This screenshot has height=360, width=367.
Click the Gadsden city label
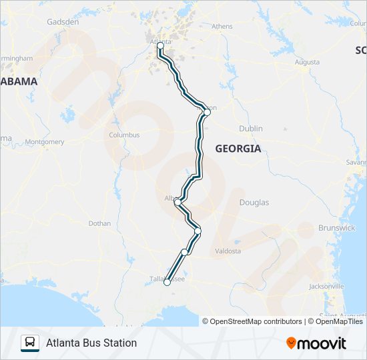tap(63, 21)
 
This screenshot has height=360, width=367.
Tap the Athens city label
tap(222, 27)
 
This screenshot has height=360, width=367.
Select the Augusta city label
tap(307, 62)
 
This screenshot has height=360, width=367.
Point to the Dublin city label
tap(251, 129)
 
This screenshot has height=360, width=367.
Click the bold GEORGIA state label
tap(238, 149)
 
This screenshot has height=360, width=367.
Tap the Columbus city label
tap(124, 135)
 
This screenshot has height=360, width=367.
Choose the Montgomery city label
tap(45, 142)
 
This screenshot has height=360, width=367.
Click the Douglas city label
tap(254, 202)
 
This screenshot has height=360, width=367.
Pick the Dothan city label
tap(99, 223)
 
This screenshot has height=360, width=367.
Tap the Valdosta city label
tap(228, 251)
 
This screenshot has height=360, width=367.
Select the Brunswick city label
tap(337, 227)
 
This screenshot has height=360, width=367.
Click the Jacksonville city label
tap(326, 287)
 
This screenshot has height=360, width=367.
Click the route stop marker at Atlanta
tap(160, 45)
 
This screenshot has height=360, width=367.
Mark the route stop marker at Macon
tap(207, 112)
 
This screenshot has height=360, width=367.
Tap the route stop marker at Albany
tap(177, 201)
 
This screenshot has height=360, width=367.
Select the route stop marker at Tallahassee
tap(167, 283)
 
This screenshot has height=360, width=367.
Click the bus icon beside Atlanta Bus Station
tap(30, 343)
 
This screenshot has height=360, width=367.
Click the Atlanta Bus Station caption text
tap(91, 343)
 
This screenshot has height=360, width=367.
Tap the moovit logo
tap(316, 343)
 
